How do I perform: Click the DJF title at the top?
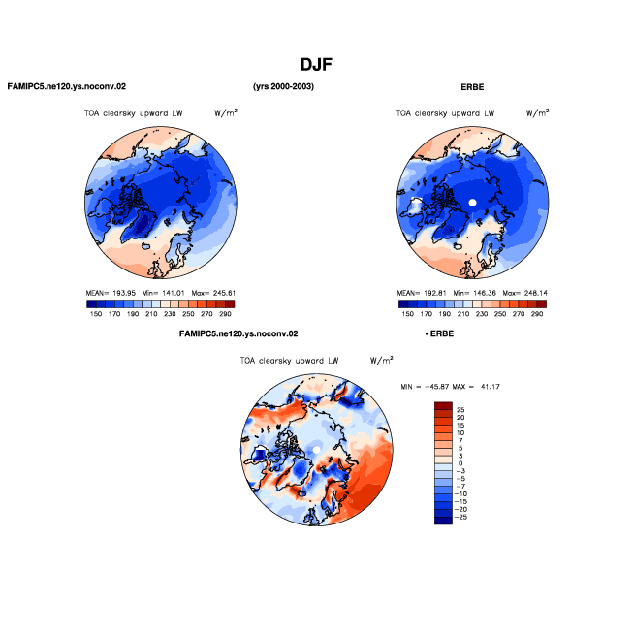point(316,65)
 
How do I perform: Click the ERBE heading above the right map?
point(472,87)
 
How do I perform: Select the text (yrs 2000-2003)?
point(283,86)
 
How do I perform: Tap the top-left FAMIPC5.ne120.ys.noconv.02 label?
point(67,86)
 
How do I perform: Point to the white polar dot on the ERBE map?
point(472,203)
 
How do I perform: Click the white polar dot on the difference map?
point(317,450)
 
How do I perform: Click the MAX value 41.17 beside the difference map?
point(491,387)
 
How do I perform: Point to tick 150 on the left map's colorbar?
point(96,314)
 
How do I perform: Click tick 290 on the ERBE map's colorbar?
point(537,314)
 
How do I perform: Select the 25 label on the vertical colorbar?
point(460,410)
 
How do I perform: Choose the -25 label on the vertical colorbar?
point(460,517)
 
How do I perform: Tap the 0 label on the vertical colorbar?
point(460,463)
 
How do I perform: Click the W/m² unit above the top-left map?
point(226,112)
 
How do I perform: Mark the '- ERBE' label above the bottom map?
point(439,334)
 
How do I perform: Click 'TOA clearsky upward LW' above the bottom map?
point(289,361)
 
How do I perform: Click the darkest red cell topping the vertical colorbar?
point(443,406)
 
